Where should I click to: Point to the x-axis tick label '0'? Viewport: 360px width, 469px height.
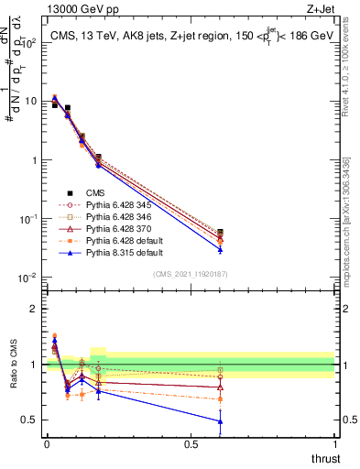[47, 444]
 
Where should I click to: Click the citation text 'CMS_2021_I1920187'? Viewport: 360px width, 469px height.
[190, 275]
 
